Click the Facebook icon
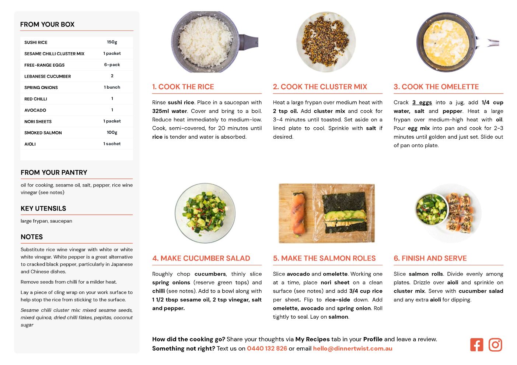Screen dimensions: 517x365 pos(476,345)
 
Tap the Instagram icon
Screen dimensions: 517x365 pos(495,345)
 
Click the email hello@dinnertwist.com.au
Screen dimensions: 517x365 pos(352,348)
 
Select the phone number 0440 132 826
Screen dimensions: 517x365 pos(267,348)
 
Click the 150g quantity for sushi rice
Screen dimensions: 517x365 pos(112,42)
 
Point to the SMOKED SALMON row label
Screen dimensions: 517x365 pos(43,133)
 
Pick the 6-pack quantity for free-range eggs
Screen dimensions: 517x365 pos(112,65)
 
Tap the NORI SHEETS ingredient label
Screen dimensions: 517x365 pos(38,121)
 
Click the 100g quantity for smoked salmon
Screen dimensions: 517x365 pos(112,132)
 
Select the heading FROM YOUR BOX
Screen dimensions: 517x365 pos(47,24)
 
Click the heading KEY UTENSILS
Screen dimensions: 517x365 pos(43,209)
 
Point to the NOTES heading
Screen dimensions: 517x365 pos(32,237)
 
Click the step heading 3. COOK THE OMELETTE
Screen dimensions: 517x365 pos(436,86)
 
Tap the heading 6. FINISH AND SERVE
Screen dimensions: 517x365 pos(430,258)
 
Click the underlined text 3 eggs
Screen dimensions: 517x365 pos(422,103)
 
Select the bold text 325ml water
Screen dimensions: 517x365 pos(170,111)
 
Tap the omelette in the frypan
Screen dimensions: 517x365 pos(446,43)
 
